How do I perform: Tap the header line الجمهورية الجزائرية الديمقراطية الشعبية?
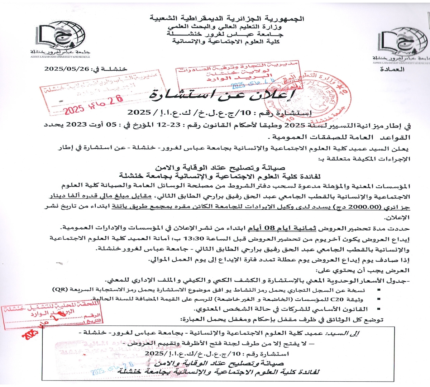(227, 18)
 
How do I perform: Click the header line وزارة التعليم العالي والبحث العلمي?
(225, 27)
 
